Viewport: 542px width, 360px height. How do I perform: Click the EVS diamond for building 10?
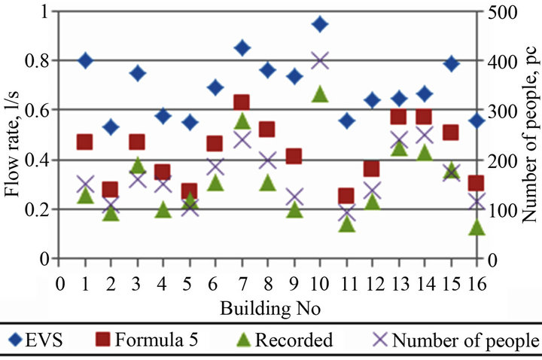tap(320, 24)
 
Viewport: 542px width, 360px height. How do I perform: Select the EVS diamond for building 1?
tap(85, 61)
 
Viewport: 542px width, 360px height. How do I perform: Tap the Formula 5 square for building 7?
tap(242, 102)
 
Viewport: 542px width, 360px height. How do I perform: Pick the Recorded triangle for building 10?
tap(320, 94)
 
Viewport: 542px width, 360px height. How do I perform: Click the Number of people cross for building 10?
tap(320, 61)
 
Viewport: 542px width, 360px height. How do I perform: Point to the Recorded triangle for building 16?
tap(477, 226)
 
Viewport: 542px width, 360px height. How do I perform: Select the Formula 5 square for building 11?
tap(346, 197)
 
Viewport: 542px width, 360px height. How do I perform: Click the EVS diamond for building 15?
tap(450, 63)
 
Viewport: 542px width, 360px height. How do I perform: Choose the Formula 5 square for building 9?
tap(294, 157)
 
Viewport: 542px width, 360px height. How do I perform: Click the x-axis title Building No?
tap(268, 309)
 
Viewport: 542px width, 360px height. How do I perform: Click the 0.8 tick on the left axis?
tap(36, 61)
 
